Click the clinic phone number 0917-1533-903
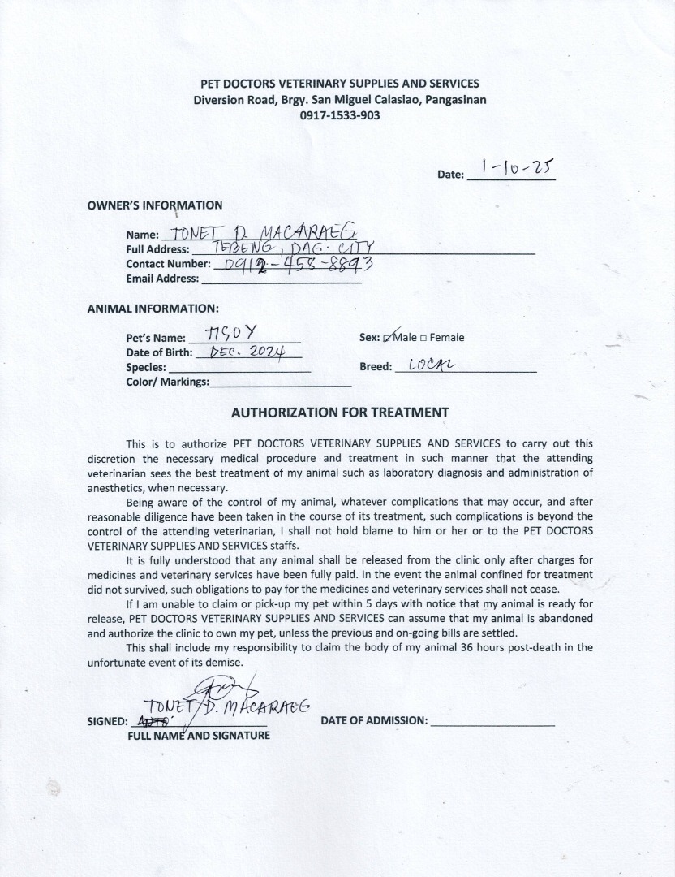coord(340,115)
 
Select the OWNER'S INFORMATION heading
coord(154,205)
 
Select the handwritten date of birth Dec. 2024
coord(243,352)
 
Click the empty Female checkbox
coord(423,338)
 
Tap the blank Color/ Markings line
coord(280,382)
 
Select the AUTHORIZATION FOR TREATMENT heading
coord(340,413)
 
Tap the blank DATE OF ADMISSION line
coord(492,720)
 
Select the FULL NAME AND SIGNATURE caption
coord(199,736)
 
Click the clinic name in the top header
coord(340,84)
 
